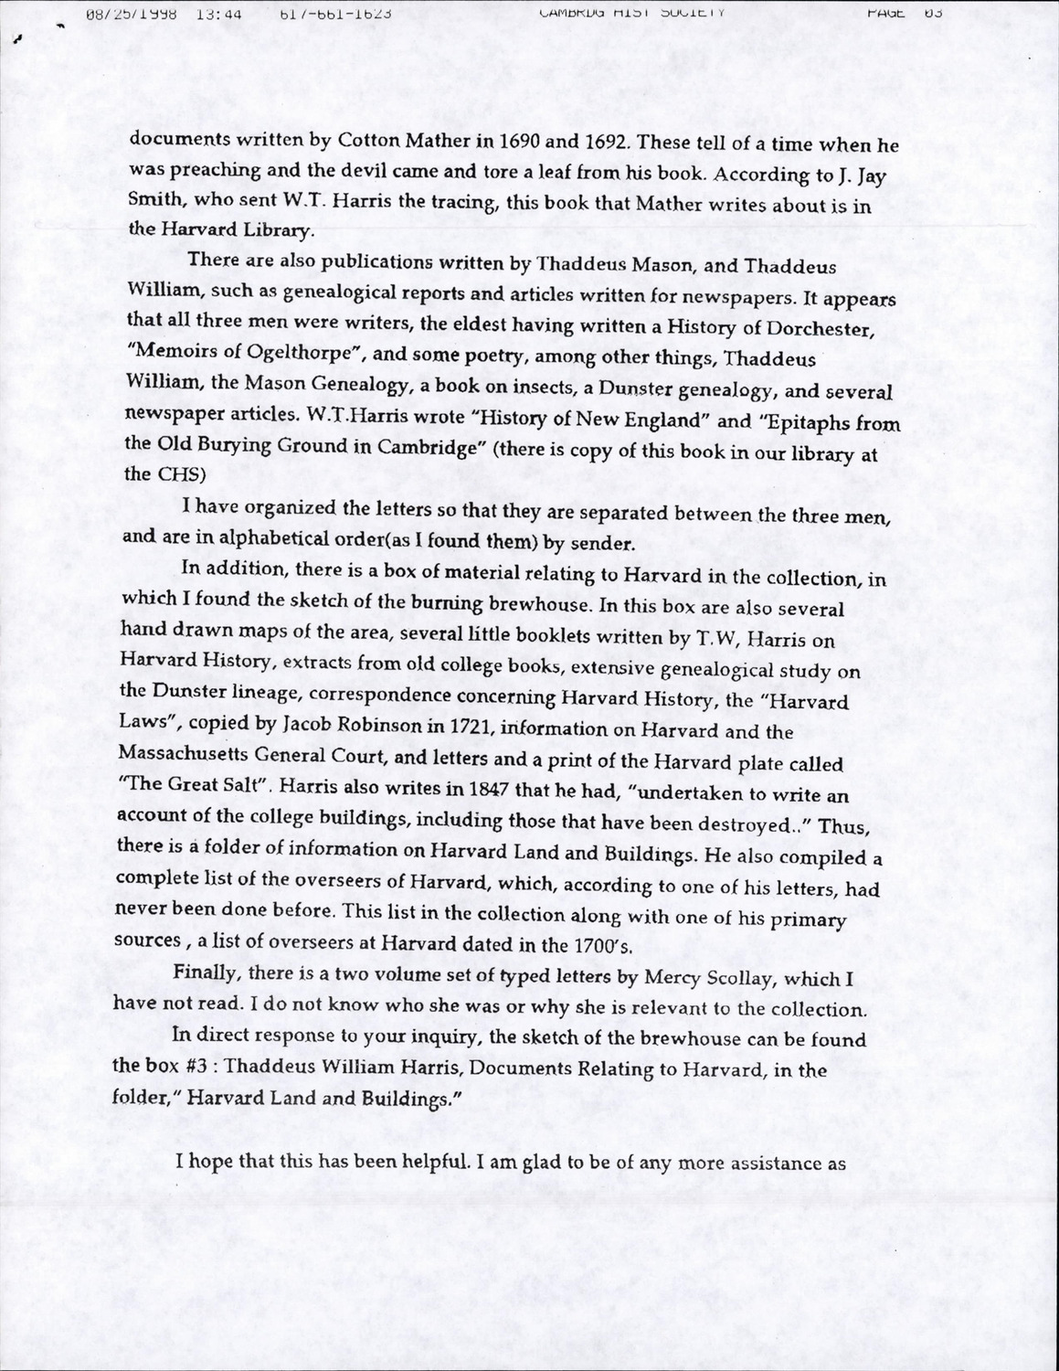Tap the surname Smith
click(154, 201)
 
